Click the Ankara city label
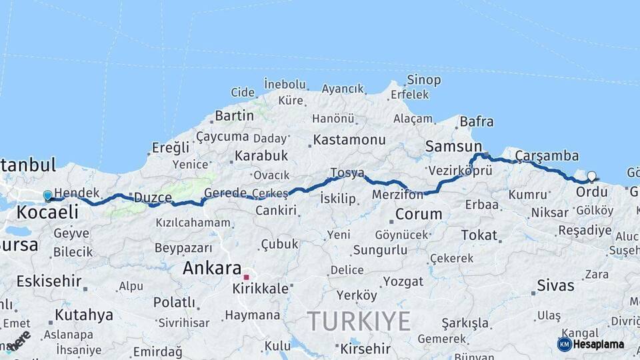[x=212, y=268]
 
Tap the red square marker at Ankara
[x=246, y=277]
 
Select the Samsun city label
[x=453, y=146]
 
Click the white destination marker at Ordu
[x=591, y=177]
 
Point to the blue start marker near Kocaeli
[x=47, y=195]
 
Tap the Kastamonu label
[x=349, y=140]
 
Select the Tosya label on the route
[x=347, y=173]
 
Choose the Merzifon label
[x=398, y=195]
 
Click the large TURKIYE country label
[x=359, y=321]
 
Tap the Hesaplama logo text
[x=599, y=344]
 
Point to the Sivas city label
[x=556, y=285]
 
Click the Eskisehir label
[x=49, y=281]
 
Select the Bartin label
[x=234, y=115]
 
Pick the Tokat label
[x=479, y=235]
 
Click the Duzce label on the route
[x=153, y=197]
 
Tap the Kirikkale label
[x=261, y=289]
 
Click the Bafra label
[x=477, y=121]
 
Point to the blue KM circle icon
[x=565, y=344]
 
